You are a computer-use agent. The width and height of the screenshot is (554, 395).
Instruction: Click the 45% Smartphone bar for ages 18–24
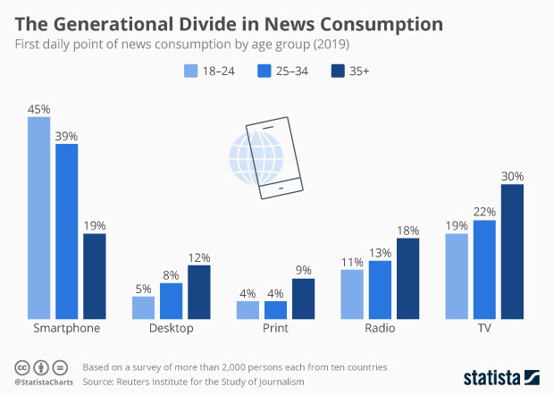coord(38,218)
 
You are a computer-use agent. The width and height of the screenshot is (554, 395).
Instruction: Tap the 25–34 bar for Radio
coord(380,290)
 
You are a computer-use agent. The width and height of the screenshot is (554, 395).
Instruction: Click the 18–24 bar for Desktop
coord(143,307)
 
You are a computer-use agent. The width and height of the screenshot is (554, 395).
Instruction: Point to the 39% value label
coord(66,136)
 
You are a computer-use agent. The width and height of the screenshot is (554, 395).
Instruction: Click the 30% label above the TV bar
coord(512,176)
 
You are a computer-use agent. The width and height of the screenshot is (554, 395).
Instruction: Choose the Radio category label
coord(380,329)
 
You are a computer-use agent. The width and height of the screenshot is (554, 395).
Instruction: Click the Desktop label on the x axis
coord(171,329)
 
